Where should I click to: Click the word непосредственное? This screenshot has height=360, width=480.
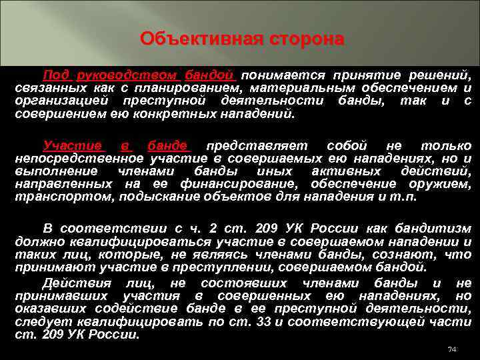(x=79, y=159)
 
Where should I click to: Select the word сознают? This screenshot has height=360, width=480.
(x=407, y=254)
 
